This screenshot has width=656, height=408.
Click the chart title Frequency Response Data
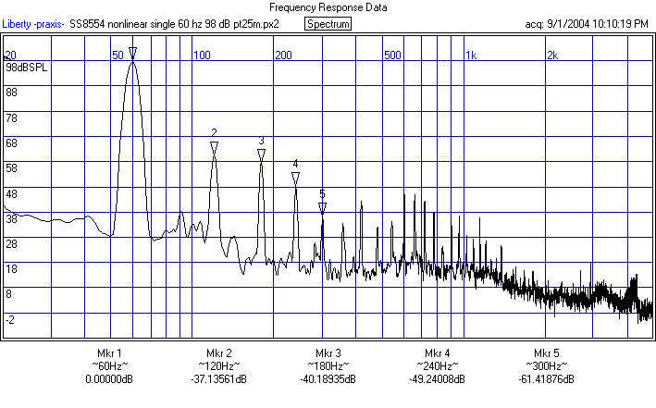327,7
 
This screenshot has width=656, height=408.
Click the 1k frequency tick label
471,56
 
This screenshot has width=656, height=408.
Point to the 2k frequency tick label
552,56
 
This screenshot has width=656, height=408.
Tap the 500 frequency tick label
393,56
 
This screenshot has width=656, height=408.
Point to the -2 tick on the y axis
10,319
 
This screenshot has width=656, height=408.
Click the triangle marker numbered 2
215,147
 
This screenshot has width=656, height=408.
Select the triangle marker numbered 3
262,155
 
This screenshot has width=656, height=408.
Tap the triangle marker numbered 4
295,178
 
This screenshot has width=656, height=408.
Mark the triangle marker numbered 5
322,208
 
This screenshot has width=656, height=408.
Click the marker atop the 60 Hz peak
133,54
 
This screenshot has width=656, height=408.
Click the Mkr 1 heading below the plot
109,354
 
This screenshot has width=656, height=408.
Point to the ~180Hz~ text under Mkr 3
328,367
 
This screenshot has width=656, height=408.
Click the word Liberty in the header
21,24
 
